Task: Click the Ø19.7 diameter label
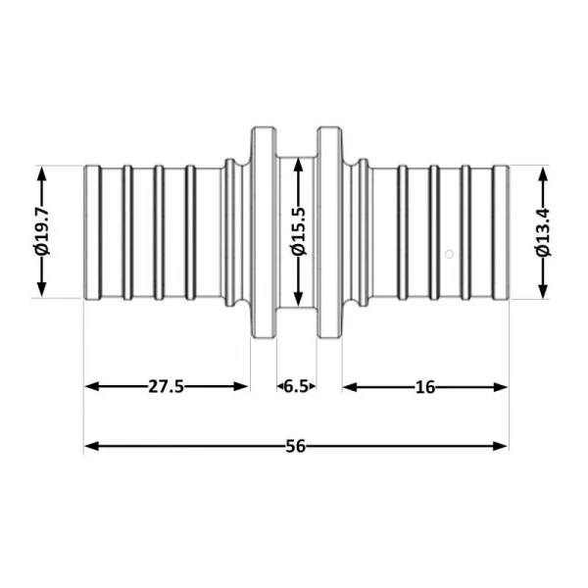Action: [x=42, y=232]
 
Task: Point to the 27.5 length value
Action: [x=167, y=386]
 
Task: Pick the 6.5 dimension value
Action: [x=295, y=386]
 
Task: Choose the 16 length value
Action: [x=424, y=386]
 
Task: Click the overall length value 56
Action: [x=295, y=446]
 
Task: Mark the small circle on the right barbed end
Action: [x=448, y=255]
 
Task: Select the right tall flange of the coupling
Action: [x=328, y=232]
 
